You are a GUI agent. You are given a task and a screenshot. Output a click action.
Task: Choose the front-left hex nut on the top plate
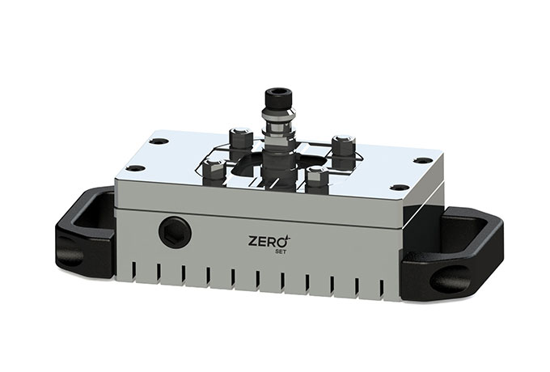tap(212, 169)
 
